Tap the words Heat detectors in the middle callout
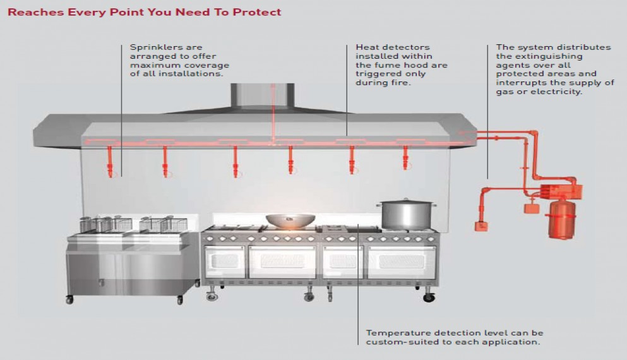click(x=384, y=47)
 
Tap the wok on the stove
click(x=291, y=220)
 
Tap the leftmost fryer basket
click(x=90, y=224)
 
